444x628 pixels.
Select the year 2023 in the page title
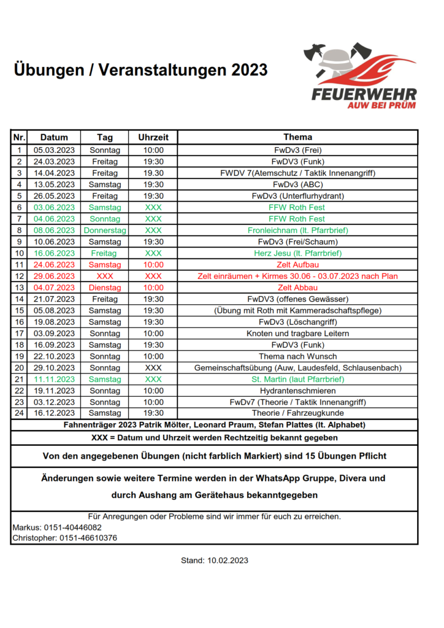coord(250,70)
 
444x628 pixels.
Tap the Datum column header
coord(54,137)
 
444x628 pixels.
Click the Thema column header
coord(297,137)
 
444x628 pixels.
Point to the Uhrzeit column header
coord(153,137)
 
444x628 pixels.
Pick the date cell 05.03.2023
coord(54,150)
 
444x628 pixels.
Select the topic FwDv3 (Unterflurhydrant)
coord(297,196)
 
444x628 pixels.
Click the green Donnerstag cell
coord(105,231)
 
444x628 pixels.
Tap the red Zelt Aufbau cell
coord(297,265)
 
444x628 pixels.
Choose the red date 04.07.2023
coord(54,288)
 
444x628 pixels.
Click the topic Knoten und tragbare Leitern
coord(297,334)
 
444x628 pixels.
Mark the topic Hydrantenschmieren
coord(297,391)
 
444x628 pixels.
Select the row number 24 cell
coord(19,413)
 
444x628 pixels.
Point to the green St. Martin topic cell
coord(297,380)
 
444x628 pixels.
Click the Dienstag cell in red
coord(105,288)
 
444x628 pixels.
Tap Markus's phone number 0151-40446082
coord(73,527)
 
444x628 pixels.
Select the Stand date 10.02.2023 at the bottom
coord(228,561)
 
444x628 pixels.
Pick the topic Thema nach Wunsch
coord(297,356)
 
